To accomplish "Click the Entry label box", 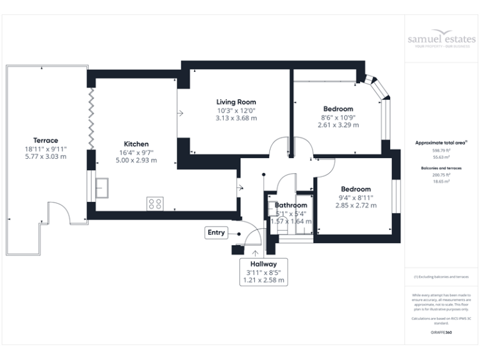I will pyautogui.click(x=216, y=233).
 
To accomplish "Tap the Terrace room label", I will pyautogui.click(x=46, y=141).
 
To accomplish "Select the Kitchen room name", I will pyautogui.click(x=136, y=143).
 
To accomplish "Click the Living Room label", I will pyautogui.click(x=236, y=102).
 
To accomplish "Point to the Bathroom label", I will pyautogui.click(x=291, y=205).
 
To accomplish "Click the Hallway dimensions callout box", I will pyautogui.click(x=263, y=272).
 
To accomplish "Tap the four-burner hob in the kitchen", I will pyautogui.click(x=154, y=203).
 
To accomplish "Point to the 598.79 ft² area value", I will pyautogui.click(x=441, y=151).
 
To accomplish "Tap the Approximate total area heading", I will pyautogui.click(x=441, y=142).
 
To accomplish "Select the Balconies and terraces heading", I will pyautogui.click(x=441, y=168).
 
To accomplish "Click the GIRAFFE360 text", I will pyautogui.click(x=441, y=332).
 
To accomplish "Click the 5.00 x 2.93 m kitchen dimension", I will pyautogui.click(x=136, y=161).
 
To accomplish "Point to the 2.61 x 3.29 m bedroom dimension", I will pyautogui.click(x=338, y=125).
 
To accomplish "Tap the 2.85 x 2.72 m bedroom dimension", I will pyautogui.click(x=356, y=205).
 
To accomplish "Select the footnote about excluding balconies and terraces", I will pyautogui.click(x=441, y=276).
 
